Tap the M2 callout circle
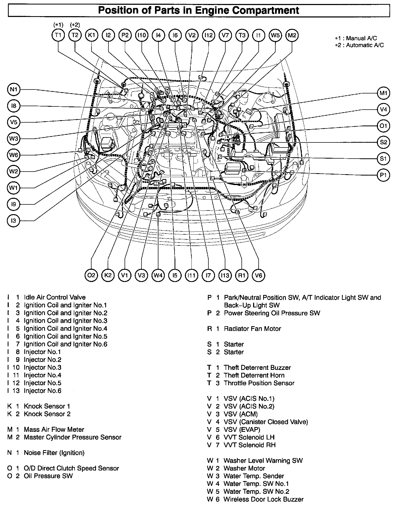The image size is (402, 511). (x=292, y=35)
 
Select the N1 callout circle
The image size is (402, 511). (x=13, y=89)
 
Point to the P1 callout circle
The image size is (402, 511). (x=383, y=175)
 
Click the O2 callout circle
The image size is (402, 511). (x=91, y=275)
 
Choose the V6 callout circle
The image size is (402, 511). (x=258, y=275)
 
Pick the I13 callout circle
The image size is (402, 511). (x=225, y=275)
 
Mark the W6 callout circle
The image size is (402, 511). (x=13, y=155)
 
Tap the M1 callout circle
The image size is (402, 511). (x=383, y=93)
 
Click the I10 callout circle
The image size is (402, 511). (x=142, y=35)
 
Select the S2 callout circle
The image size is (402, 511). (x=383, y=142)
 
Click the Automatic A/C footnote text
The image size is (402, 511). (x=364, y=45)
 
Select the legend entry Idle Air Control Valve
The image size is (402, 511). (x=54, y=297)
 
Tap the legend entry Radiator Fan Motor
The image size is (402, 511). (x=252, y=329)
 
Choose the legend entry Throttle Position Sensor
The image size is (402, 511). (x=259, y=383)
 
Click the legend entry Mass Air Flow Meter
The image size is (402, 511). (x=54, y=429)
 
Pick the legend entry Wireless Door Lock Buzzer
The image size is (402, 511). (x=263, y=499)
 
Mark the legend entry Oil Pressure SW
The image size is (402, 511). (x=48, y=476)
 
